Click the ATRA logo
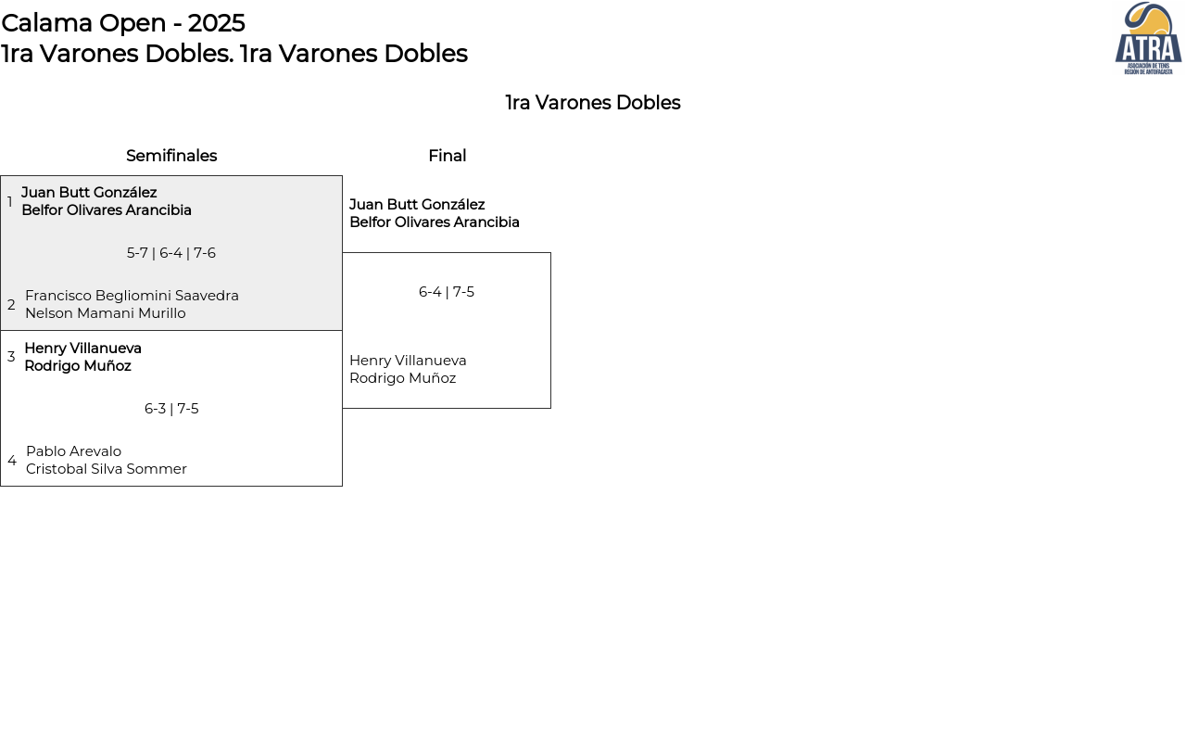pos(1148,38)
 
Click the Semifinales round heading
pos(171,156)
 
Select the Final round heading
pos(448,156)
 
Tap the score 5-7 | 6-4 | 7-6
pos(171,253)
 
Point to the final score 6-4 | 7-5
pos(447,292)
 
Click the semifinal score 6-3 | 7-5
pos(171,409)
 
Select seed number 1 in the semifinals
pos(9,202)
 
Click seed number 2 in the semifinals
pos(11,305)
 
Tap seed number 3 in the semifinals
pos(11,356)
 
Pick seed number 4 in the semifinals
pos(12,461)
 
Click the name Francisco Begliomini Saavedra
pos(132,296)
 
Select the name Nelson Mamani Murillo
pos(106,313)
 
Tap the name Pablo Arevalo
pos(73,451)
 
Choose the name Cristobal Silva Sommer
pos(107,469)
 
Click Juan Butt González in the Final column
pos(417,204)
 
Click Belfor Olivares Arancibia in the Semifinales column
pos(107,210)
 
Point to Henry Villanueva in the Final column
pos(408,361)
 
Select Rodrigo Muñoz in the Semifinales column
pos(78,366)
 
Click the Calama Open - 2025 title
pos(123,23)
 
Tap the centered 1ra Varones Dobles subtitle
pos(593,103)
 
